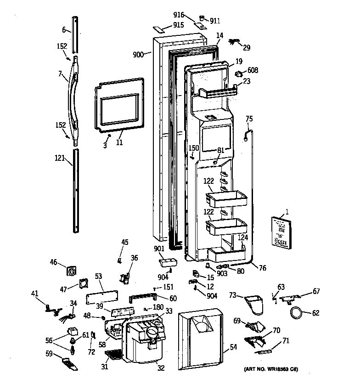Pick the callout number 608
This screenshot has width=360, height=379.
[x=253, y=70]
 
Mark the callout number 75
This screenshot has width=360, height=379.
[x=249, y=119]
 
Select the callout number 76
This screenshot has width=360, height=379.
[x=262, y=269]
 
